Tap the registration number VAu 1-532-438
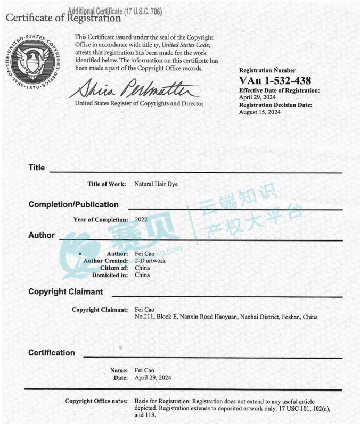click(275, 81)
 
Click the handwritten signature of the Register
click(134, 87)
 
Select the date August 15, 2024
click(259, 112)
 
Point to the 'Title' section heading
click(37, 168)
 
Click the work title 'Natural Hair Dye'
click(156, 184)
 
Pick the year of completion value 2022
click(141, 219)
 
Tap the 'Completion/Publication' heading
click(73, 204)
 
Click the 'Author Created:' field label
click(105, 261)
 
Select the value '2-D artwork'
click(150, 261)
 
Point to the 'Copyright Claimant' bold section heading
click(66, 292)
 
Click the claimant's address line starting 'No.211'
click(226, 317)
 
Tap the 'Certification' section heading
click(52, 353)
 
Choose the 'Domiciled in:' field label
click(110, 275)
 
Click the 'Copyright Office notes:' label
click(96, 401)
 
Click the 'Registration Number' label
click(267, 70)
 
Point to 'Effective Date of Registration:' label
click(279, 91)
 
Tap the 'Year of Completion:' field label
click(101, 219)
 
